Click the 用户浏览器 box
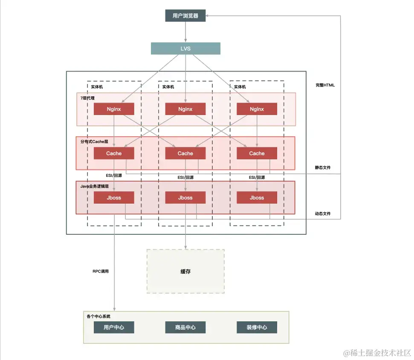(x=185, y=16)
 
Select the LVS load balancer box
(x=185, y=49)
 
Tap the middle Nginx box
(x=185, y=109)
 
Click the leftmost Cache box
(x=114, y=153)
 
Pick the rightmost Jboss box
(x=257, y=198)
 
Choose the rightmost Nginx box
(x=257, y=109)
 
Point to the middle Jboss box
(x=185, y=198)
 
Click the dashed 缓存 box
(x=185, y=271)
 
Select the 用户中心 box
(x=114, y=327)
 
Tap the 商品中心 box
(x=185, y=327)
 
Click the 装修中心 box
(x=257, y=327)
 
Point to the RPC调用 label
(x=101, y=271)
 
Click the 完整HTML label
(x=325, y=85)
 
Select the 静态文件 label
(x=323, y=167)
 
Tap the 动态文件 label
(x=323, y=213)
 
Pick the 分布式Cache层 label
(x=94, y=141)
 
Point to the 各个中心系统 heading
(x=98, y=317)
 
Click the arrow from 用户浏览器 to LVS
(x=185, y=32)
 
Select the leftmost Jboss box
(x=114, y=198)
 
